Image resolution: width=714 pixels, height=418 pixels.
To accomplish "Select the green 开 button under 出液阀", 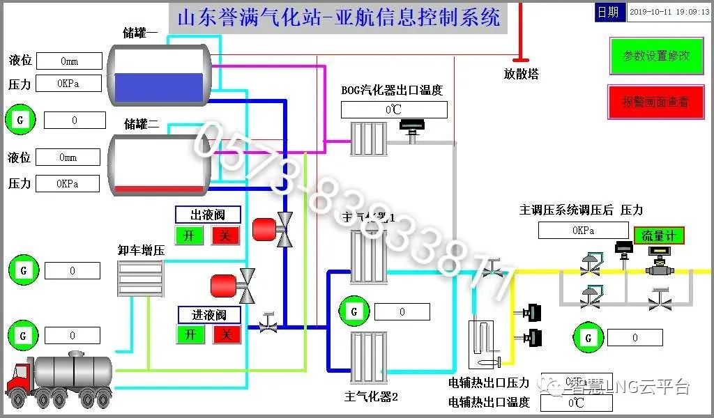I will (x=188, y=235).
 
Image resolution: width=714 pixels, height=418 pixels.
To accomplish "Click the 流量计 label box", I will (x=659, y=235).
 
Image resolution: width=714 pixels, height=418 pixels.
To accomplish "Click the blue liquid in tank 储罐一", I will (x=160, y=88).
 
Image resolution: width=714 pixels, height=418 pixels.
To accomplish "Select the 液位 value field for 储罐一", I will (x=69, y=61).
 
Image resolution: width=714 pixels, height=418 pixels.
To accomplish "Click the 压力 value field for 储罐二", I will (x=68, y=184).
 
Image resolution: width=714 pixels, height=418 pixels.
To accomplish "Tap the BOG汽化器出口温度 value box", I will (x=393, y=109).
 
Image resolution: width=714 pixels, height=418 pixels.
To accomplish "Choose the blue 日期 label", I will (x=608, y=13).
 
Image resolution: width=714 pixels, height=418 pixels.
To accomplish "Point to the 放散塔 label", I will (x=521, y=74).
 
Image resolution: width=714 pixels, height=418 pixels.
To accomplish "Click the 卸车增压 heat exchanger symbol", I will (x=140, y=278).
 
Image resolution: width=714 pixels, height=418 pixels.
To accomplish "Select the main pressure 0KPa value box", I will (x=582, y=230).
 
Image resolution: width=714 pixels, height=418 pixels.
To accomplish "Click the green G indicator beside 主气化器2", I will (x=354, y=311).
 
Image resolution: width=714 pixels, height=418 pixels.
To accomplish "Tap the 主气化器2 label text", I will (x=370, y=397).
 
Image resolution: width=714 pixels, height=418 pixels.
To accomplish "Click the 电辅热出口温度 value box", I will (x=576, y=403).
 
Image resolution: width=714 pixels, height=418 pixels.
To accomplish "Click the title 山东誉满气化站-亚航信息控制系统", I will (x=339, y=17).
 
